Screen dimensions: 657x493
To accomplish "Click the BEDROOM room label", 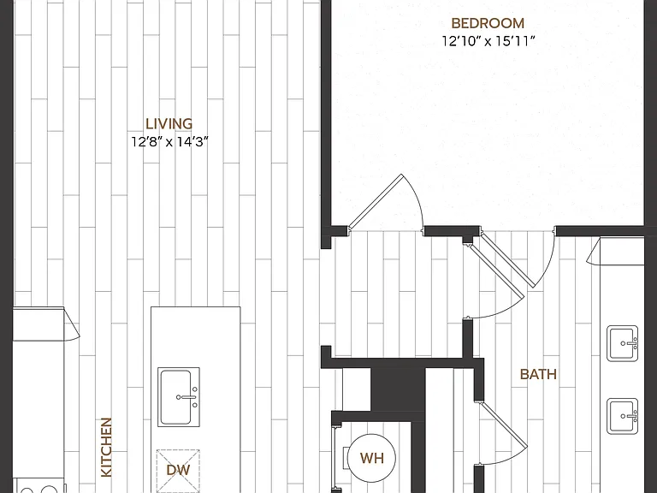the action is coord(488,23).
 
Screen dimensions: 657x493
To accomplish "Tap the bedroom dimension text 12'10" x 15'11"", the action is coord(488,41).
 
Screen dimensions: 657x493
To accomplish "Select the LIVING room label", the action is coord(169,123).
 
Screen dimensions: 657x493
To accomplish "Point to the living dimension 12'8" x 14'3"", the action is coord(169,142).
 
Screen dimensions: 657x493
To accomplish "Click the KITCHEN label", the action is coord(106,447).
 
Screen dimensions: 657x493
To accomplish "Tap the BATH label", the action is coord(538,374).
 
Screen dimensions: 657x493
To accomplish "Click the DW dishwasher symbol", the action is coord(178,471).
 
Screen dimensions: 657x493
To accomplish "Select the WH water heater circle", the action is coord(371,458).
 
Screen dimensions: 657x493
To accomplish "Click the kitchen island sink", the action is coord(179,397).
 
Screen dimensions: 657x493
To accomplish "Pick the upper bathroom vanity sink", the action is coord(623,343).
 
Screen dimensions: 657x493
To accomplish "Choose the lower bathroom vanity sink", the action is coord(623,416).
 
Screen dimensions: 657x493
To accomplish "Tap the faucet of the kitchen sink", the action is coord(187,397).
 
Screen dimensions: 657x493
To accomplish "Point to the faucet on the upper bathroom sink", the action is coord(630,343).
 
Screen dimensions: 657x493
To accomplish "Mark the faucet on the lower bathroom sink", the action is coord(630,416).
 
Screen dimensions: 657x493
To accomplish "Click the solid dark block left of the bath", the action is coord(398,390).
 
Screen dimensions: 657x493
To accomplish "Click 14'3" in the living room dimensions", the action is coord(192,142).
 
